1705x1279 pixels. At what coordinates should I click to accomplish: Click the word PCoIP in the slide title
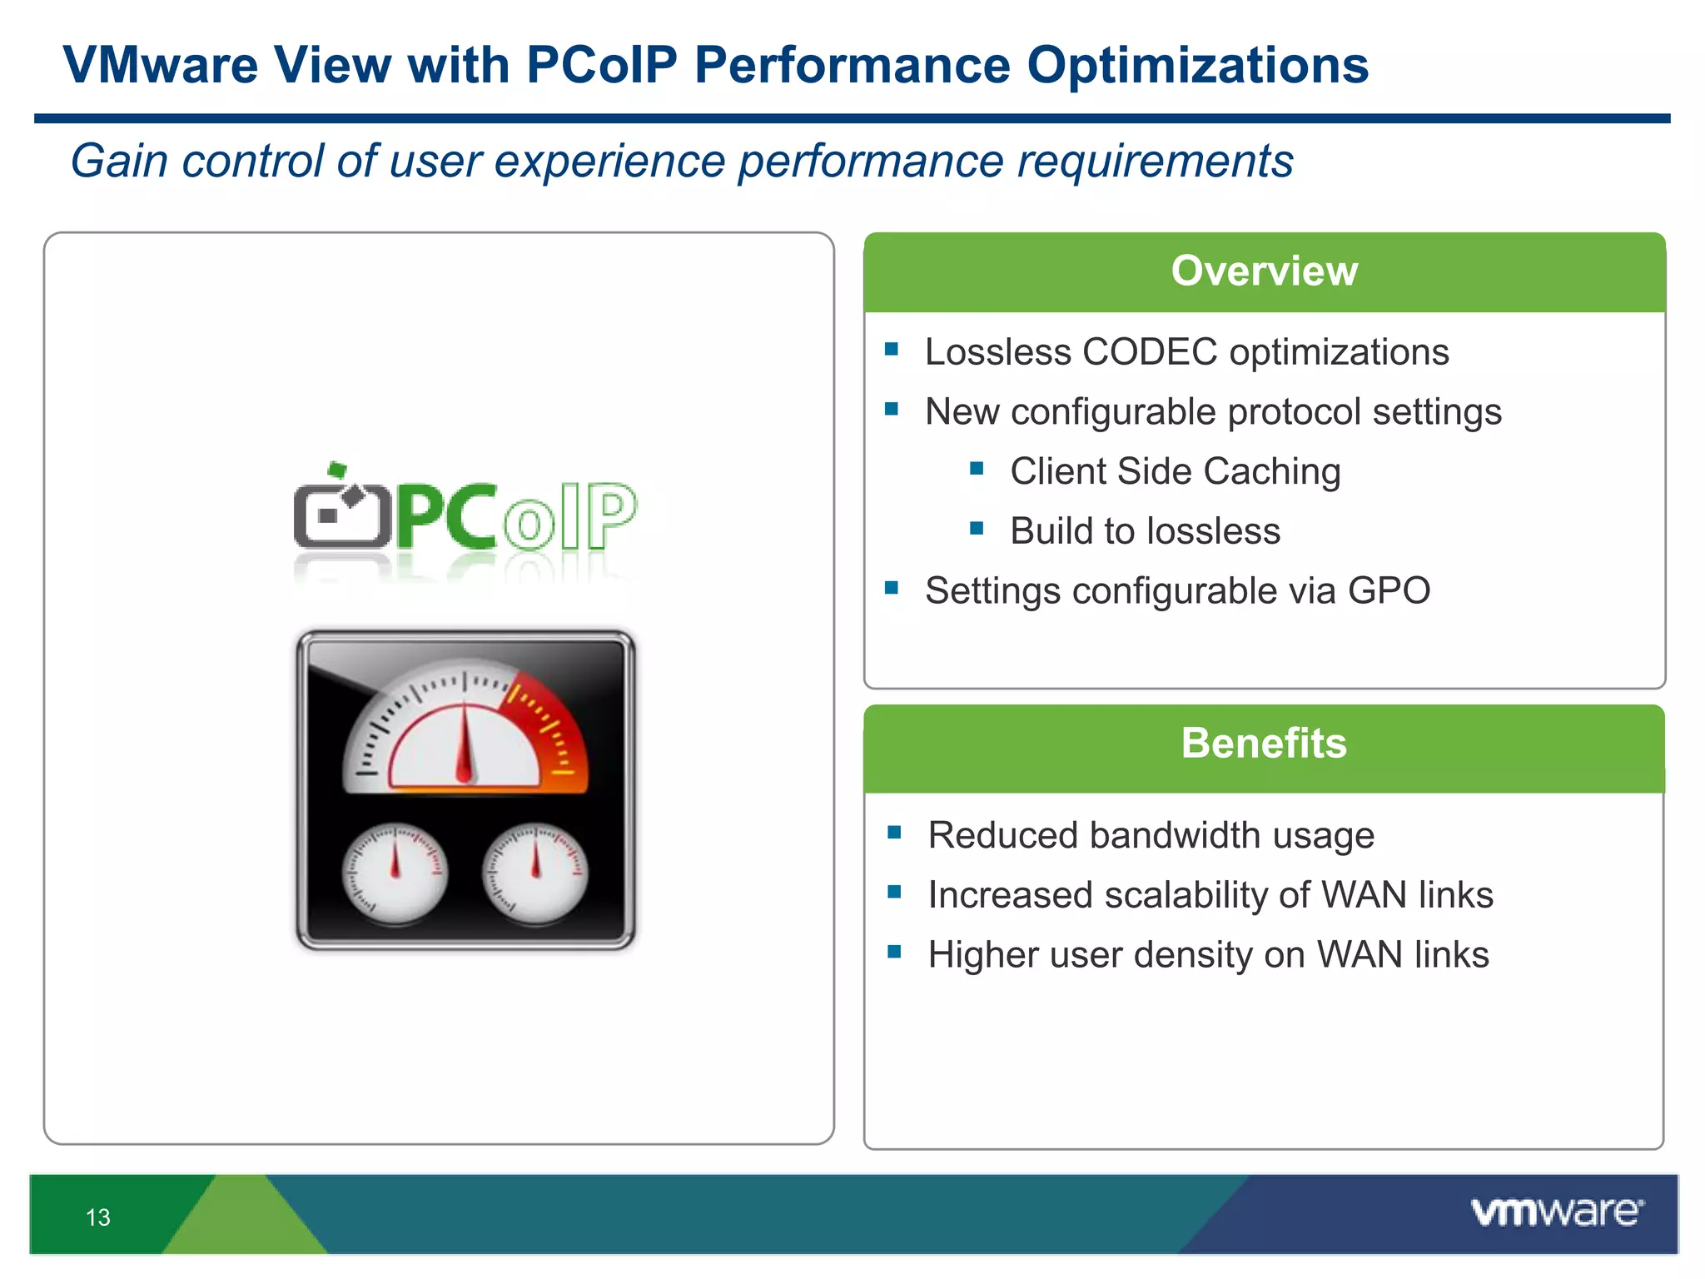click(601, 65)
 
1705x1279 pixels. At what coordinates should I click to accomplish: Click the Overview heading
click(1264, 271)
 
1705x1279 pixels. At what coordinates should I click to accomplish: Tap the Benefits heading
click(1263, 744)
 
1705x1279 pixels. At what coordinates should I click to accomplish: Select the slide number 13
click(98, 1217)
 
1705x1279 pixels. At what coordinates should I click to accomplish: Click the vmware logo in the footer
click(1557, 1212)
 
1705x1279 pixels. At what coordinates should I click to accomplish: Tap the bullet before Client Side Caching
click(977, 469)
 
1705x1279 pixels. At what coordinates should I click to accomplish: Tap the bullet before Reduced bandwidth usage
click(895, 833)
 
